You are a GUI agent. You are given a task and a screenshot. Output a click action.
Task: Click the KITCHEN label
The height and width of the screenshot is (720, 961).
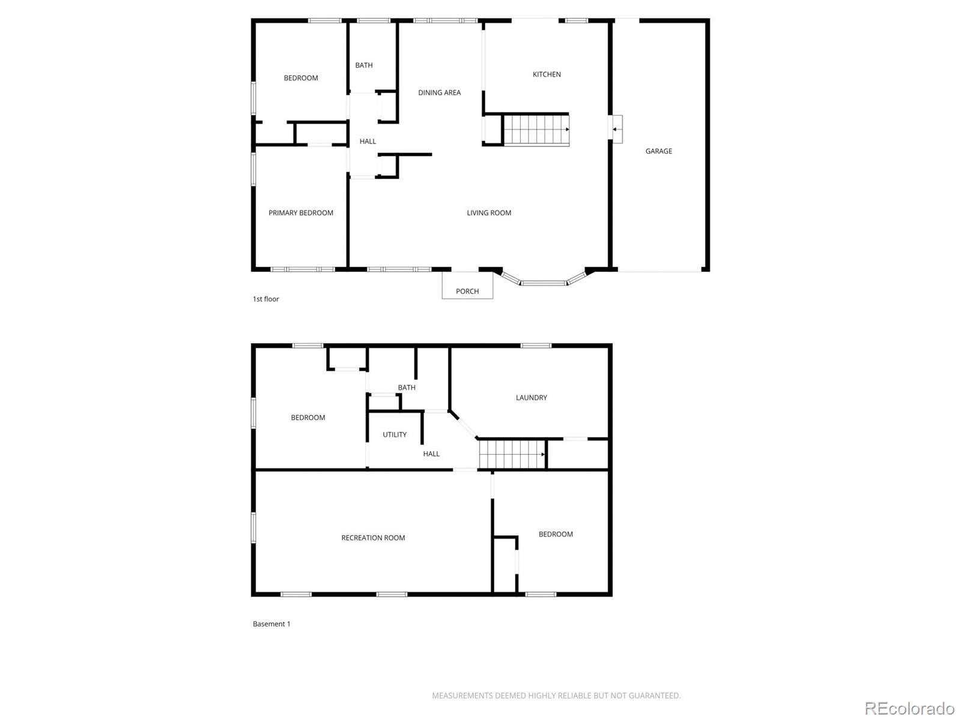(547, 74)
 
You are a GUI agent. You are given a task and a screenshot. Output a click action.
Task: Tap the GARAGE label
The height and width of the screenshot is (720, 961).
(658, 151)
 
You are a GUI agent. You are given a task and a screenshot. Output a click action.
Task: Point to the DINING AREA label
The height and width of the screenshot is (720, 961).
(439, 92)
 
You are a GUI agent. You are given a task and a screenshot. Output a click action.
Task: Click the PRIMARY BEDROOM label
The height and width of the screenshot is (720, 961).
(300, 213)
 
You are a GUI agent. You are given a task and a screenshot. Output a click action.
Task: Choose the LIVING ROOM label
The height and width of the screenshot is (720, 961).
(489, 213)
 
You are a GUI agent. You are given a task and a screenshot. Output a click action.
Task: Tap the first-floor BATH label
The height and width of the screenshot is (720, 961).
(364, 65)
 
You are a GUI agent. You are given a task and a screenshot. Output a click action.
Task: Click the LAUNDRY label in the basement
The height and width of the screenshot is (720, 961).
(531, 398)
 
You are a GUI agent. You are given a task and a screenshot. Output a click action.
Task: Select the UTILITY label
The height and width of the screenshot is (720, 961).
(395, 435)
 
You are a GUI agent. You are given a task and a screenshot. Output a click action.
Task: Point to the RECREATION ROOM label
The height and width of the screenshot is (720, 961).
(373, 538)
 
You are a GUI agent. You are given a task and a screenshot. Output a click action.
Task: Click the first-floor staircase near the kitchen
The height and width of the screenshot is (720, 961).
(536, 130)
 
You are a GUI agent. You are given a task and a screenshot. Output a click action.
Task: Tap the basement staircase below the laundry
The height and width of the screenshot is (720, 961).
(512, 454)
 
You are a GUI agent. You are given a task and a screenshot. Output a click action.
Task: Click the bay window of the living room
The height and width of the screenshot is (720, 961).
(544, 281)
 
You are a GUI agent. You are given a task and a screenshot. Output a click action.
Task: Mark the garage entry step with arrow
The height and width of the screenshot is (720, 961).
(616, 129)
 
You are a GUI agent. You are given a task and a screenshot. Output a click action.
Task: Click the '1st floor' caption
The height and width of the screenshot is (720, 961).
(265, 299)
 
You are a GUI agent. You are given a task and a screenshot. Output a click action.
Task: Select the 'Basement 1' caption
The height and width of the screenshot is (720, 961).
(271, 624)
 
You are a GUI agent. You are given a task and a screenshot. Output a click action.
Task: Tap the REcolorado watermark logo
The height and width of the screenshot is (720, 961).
(909, 709)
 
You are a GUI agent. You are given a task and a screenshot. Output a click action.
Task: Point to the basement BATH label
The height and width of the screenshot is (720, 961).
(407, 388)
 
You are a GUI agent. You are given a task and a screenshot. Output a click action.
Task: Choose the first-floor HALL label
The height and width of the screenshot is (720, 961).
(368, 142)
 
